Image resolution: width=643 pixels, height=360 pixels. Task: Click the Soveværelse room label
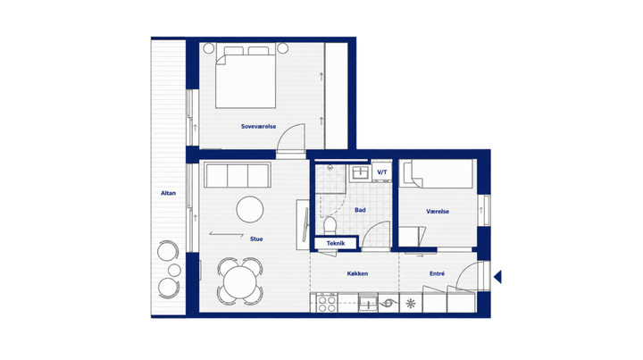[x=258, y=126]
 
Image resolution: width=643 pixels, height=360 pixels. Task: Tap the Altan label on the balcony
[x=168, y=193]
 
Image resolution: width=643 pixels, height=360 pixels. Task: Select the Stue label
[x=256, y=239]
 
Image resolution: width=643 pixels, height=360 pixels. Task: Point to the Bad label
[x=360, y=210]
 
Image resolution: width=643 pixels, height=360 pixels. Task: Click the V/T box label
[x=382, y=172]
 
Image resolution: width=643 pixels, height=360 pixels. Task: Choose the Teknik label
[x=336, y=243]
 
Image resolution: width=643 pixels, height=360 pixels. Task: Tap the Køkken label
[x=357, y=273]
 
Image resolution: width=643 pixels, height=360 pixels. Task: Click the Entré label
[x=437, y=273]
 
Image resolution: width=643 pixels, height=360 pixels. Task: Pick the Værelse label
[x=438, y=212]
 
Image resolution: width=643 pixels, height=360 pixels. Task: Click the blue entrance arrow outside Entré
[x=497, y=277]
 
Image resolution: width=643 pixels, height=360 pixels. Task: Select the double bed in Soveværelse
[x=246, y=77]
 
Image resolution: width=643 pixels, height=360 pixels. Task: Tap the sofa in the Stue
[x=238, y=175]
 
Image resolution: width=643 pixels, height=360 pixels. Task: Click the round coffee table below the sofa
[x=250, y=209]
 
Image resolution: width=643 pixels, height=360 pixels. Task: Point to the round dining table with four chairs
[x=240, y=281]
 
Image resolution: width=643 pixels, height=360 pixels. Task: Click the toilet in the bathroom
[x=330, y=225]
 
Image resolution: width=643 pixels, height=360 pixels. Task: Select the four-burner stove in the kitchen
[x=327, y=303]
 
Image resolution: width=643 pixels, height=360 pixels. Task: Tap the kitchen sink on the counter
[x=368, y=303]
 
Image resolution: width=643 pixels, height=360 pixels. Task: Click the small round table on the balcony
[x=175, y=270]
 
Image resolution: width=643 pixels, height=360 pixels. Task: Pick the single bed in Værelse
[x=438, y=174]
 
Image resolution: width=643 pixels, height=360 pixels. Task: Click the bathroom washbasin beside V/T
[x=360, y=172]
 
